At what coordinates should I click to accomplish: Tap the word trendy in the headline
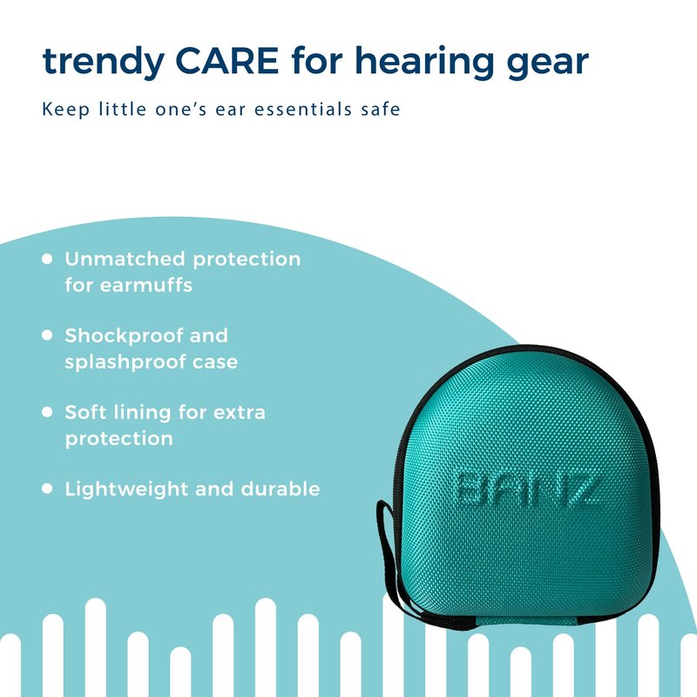(x=104, y=63)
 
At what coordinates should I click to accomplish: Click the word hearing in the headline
(x=424, y=63)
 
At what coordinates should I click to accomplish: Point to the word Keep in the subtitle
(x=66, y=110)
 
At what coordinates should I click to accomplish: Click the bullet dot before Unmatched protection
(x=47, y=259)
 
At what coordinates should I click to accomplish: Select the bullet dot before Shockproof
(x=47, y=335)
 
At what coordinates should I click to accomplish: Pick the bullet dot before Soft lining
(x=47, y=412)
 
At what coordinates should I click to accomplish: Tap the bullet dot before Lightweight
(x=47, y=489)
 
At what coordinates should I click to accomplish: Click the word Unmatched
(x=125, y=259)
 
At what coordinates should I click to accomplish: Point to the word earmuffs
(x=145, y=285)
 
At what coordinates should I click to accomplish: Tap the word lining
(x=142, y=413)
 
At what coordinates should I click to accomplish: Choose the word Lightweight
(x=126, y=490)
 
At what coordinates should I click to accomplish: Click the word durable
(x=281, y=489)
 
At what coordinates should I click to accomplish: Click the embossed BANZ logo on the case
(x=529, y=491)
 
